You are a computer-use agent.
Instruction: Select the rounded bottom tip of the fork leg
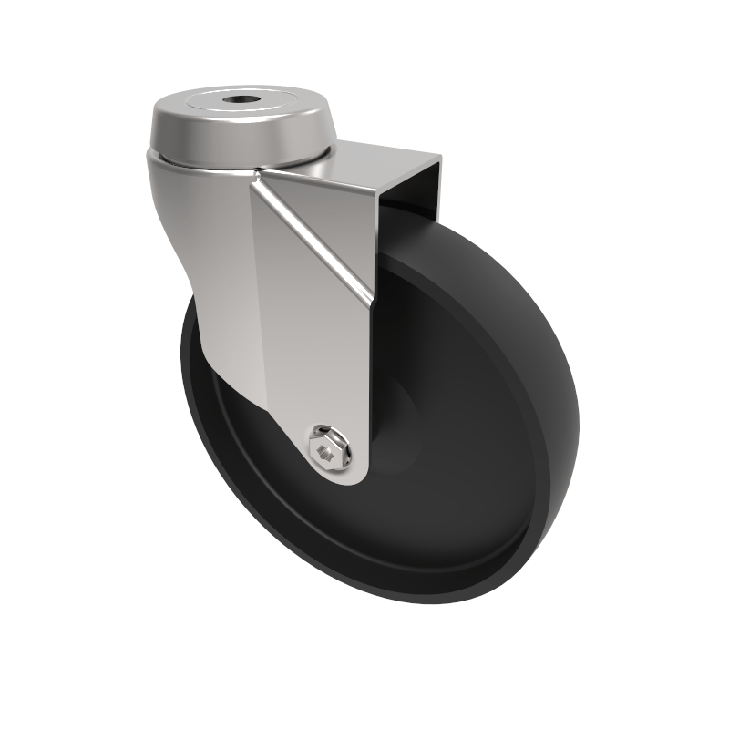pyautogui.click(x=346, y=478)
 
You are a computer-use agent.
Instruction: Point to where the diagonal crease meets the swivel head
pyautogui.click(x=260, y=173)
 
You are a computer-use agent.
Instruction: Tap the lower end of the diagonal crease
pyautogui.click(x=369, y=301)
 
